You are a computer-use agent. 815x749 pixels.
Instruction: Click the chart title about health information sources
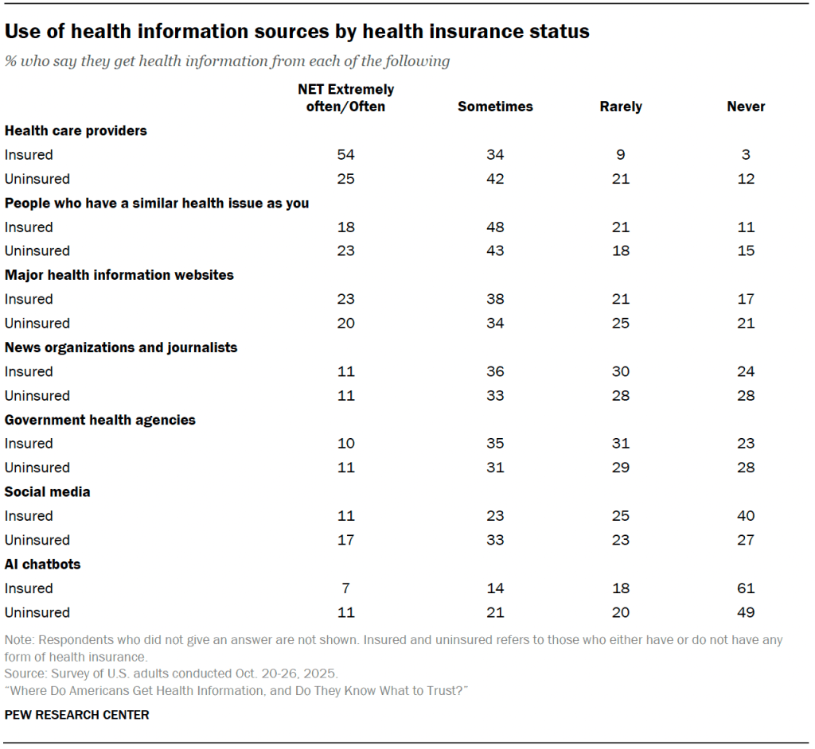(x=297, y=32)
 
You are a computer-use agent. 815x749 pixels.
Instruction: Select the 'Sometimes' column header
(x=495, y=107)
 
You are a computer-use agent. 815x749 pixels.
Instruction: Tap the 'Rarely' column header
(x=621, y=107)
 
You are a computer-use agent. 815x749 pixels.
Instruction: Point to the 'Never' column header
(x=746, y=107)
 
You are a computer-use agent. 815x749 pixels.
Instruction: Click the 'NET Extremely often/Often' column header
(x=345, y=98)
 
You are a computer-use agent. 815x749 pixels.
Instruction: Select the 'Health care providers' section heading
(x=76, y=130)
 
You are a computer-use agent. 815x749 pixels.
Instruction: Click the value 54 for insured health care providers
(x=345, y=155)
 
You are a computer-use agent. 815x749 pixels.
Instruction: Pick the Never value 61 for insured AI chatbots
(x=746, y=588)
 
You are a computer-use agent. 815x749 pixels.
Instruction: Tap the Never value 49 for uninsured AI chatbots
(x=746, y=612)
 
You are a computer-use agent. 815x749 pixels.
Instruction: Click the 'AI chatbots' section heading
(x=43, y=564)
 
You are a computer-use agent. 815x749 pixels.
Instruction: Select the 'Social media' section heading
(x=48, y=491)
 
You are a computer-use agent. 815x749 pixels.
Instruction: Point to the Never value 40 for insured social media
(x=746, y=516)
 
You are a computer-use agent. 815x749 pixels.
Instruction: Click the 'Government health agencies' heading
(x=100, y=420)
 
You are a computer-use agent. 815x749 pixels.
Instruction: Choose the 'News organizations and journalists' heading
(x=121, y=347)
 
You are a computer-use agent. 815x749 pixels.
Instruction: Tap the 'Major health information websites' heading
(x=119, y=275)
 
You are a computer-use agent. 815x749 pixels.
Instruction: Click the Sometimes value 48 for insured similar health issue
(x=495, y=227)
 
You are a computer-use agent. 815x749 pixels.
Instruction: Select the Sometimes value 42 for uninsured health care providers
(x=495, y=179)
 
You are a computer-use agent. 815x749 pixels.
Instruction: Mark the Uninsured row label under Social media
(x=37, y=540)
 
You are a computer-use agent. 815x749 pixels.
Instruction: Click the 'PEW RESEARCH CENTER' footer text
(x=76, y=715)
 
